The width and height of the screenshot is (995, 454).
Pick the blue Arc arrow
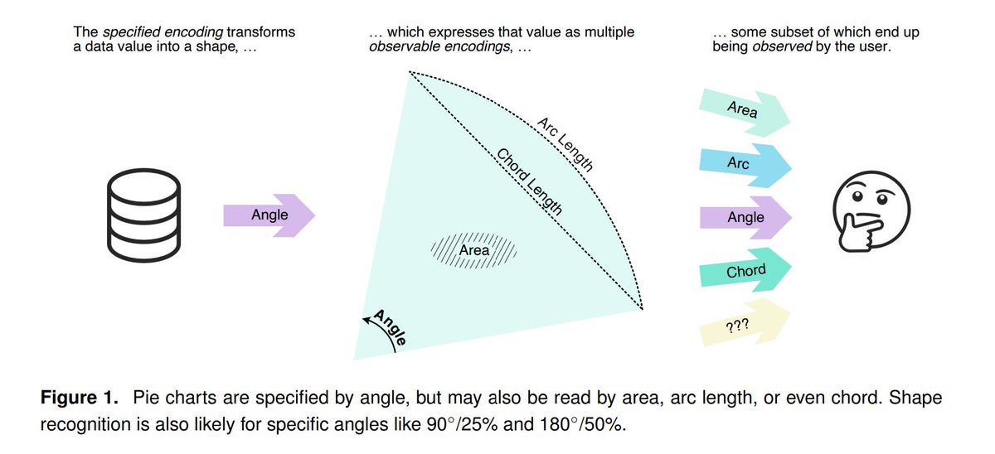(741, 164)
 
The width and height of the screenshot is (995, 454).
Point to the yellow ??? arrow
(740, 324)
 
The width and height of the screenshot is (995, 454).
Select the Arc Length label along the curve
(565, 143)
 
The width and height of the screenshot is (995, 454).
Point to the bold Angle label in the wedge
(391, 327)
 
